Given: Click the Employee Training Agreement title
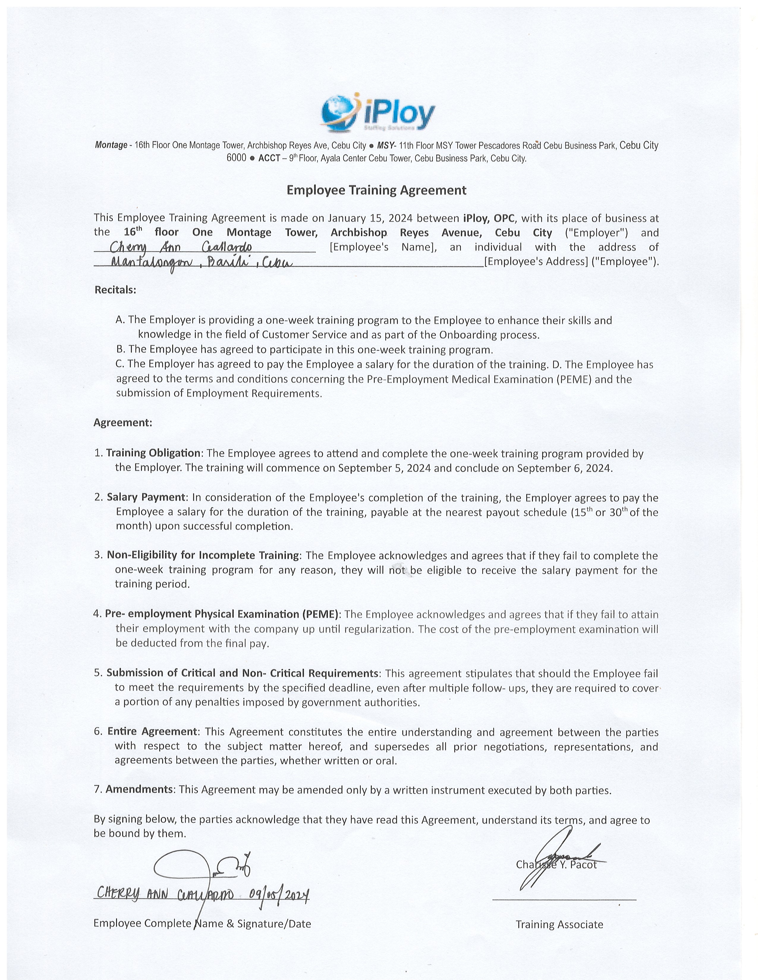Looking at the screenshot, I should click(x=376, y=190).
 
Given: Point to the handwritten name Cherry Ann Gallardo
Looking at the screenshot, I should click(x=180, y=248).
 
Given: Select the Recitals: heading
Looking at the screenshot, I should click(x=115, y=290).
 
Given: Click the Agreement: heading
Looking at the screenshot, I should click(x=122, y=423).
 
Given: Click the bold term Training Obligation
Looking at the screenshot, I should click(x=153, y=453).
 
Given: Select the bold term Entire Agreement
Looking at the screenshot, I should click(x=152, y=731).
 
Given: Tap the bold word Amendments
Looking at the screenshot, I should click(x=139, y=790).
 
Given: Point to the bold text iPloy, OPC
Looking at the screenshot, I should click(x=489, y=219).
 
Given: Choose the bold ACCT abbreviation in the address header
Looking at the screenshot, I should click(x=269, y=158).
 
